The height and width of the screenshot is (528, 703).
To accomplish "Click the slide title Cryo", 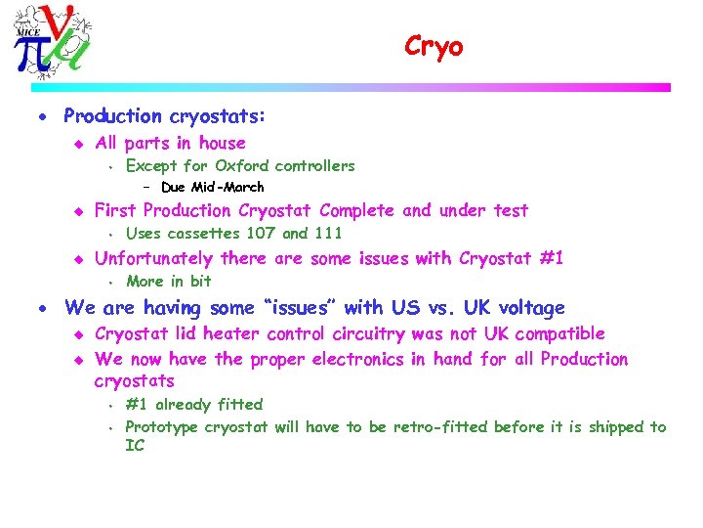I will click(434, 46).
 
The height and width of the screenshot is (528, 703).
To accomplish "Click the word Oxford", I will click(241, 166).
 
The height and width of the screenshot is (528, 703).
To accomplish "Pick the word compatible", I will click(559, 334).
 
